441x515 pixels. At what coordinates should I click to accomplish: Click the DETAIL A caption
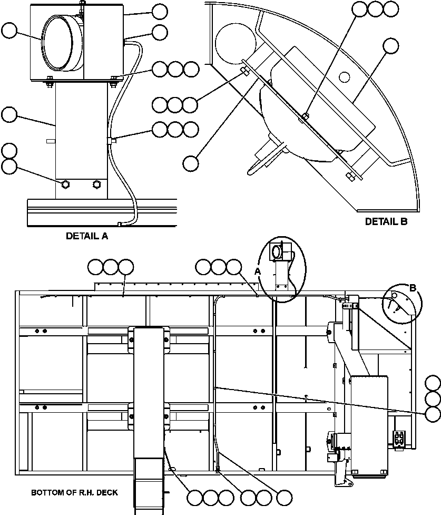[x=87, y=236]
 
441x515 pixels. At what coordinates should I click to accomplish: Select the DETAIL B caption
[x=386, y=222]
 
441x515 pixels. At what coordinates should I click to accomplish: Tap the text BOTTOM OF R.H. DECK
[x=74, y=493]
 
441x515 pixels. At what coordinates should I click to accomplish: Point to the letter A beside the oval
[x=258, y=270]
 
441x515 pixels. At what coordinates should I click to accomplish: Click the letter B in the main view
[x=413, y=288]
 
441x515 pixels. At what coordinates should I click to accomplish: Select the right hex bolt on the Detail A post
[x=96, y=184]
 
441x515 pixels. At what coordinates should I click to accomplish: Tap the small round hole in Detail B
[x=345, y=77]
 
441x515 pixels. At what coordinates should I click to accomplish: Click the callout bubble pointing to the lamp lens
[x=9, y=31]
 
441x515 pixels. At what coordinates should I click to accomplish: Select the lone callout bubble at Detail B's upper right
[x=391, y=46]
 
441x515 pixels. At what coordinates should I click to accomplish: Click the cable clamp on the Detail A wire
[x=111, y=140]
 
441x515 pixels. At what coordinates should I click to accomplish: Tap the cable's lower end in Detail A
[x=121, y=224]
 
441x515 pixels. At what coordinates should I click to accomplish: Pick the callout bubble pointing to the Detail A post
[x=9, y=114]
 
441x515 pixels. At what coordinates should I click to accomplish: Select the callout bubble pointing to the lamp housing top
[x=159, y=11]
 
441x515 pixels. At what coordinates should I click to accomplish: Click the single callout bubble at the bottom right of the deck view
[x=285, y=497]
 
